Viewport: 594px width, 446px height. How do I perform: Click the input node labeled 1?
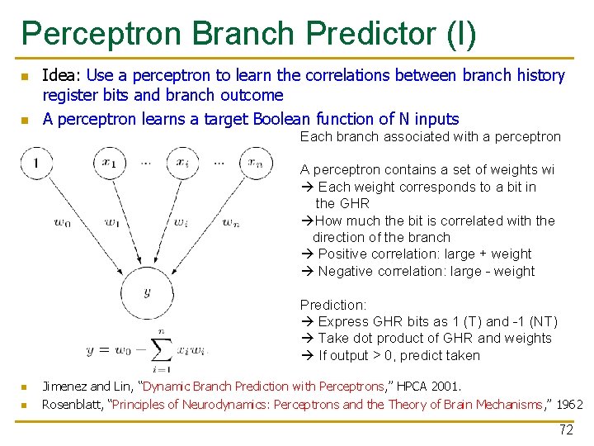(36, 163)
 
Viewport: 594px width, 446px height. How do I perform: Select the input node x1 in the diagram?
(110, 162)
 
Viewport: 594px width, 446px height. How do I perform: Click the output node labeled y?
(146, 292)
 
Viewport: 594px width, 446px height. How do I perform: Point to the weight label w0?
(62, 221)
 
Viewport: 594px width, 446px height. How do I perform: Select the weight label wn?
(233, 221)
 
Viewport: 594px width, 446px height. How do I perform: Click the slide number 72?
(566, 429)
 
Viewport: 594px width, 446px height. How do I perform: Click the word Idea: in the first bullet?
(62, 76)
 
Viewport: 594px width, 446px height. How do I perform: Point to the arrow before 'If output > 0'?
(306, 356)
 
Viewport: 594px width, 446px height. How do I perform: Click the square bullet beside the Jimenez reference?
(25, 387)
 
